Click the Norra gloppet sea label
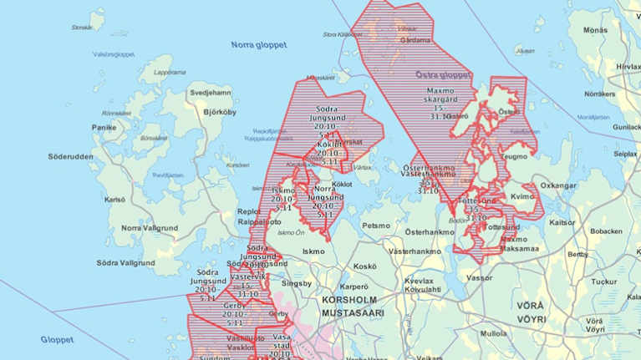pyautogui.click(x=258, y=44)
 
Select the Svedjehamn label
pyautogui.click(x=211, y=92)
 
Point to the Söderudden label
pyautogui.click(x=71, y=156)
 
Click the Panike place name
pyautogui.click(x=104, y=128)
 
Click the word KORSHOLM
pyautogui.click(x=349, y=299)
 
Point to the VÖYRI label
pyautogui.click(x=530, y=319)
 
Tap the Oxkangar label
pyautogui.click(x=559, y=185)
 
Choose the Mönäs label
pyautogui.click(x=595, y=30)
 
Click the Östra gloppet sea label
pyautogui.click(x=443, y=74)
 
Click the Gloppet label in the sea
pyautogui.click(x=57, y=340)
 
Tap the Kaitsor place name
pyautogui.click(x=562, y=222)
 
